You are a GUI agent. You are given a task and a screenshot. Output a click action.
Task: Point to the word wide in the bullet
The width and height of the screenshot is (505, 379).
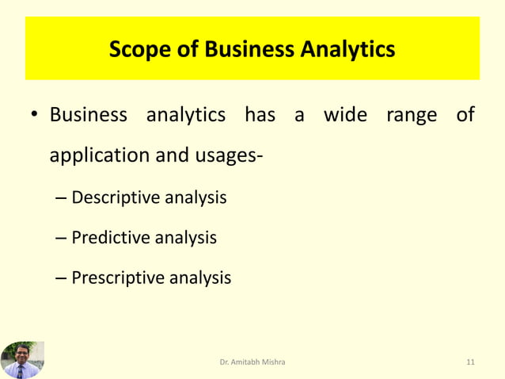(x=346, y=116)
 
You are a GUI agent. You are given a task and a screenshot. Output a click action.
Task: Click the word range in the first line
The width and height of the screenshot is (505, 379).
(x=412, y=116)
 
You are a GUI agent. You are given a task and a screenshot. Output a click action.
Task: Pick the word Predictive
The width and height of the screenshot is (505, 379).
(x=112, y=237)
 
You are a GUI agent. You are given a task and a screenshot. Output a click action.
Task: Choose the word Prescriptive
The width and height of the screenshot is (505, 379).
(x=119, y=278)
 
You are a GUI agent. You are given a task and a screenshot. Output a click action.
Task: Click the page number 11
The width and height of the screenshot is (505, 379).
(x=471, y=362)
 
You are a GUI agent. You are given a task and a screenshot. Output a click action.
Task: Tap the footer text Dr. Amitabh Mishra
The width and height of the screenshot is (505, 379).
(x=252, y=362)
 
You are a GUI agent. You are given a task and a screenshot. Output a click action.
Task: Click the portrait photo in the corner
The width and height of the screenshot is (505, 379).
(x=22, y=359)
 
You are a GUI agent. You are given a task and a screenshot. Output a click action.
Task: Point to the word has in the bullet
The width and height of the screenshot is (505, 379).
(x=260, y=116)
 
